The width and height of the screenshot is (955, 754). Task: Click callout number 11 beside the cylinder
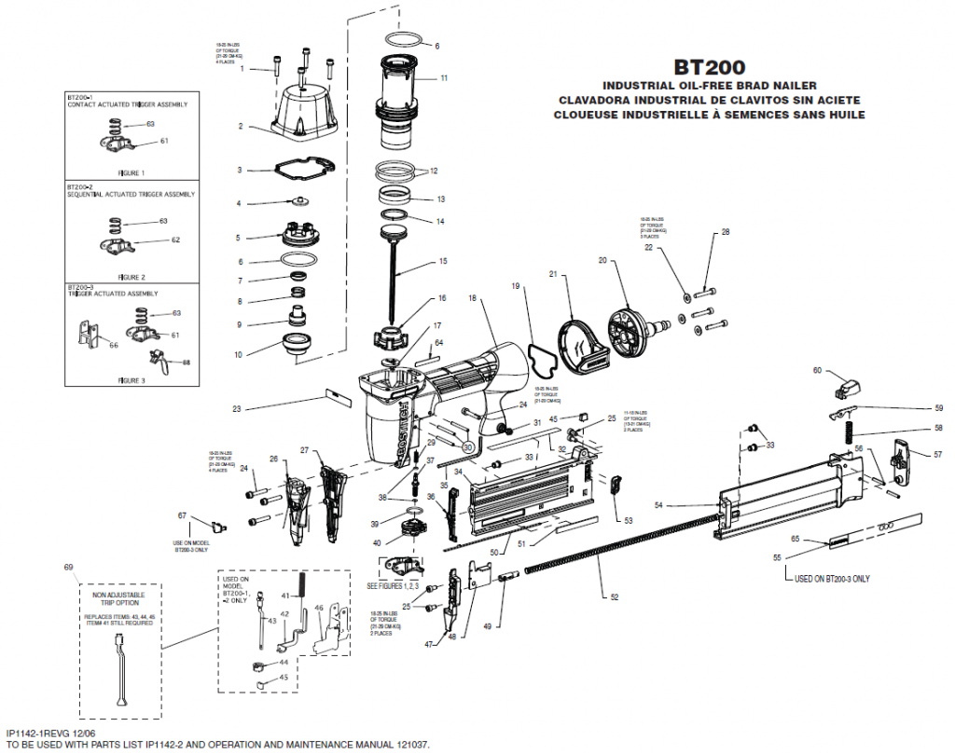444,78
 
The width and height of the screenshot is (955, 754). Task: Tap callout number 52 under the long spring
613,596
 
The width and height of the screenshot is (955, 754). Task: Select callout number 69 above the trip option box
68,567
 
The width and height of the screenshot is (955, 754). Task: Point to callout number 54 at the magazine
658,505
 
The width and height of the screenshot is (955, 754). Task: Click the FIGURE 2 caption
131,277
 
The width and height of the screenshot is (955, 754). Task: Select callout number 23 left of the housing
237,408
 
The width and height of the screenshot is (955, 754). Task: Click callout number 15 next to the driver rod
443,261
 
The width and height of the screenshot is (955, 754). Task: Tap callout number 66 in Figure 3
113,344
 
